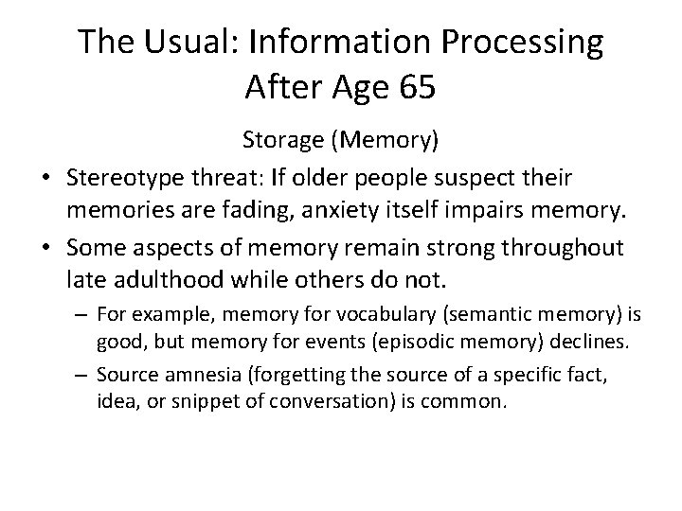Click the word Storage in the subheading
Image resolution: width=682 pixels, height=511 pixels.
pos(281,141)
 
